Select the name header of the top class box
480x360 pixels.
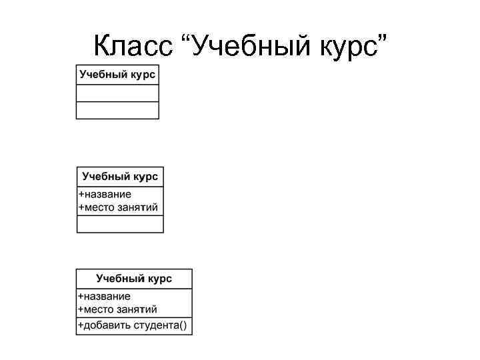point(117,74)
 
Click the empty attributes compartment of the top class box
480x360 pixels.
point(117,93)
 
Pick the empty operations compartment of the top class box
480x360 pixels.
point(117,110)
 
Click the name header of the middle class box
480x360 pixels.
point(120,177)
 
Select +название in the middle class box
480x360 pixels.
point(105,195)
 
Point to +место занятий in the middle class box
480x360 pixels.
point(119,207)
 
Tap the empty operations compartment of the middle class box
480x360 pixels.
point(120,224)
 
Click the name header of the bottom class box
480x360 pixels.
point(134,278)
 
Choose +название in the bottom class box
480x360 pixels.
point(105,296)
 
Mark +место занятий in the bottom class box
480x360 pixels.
point(118,309)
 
